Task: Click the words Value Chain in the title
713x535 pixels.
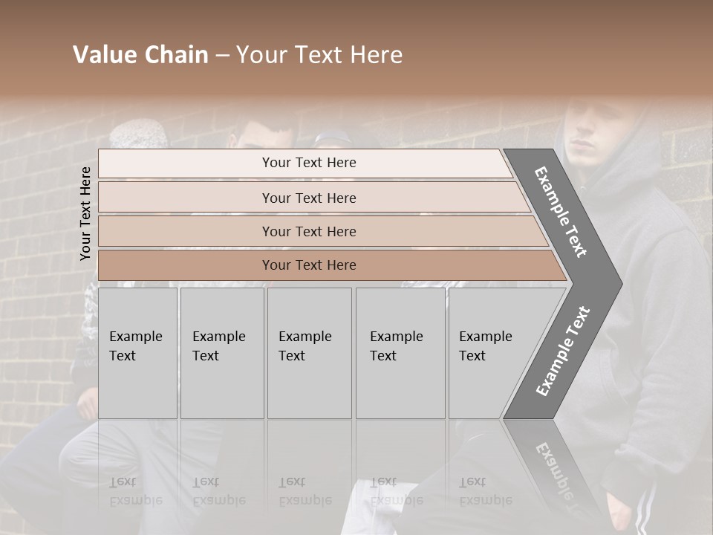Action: coord(140,55)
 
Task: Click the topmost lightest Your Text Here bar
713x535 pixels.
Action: coord(308,163)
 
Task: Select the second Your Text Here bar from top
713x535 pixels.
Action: coord(308,198)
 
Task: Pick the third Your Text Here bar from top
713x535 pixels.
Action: coord(308,231)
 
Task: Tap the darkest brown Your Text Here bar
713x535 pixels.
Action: coord(308,265)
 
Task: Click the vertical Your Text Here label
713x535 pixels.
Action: coord(85,213)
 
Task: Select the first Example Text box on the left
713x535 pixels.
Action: coord(137,353)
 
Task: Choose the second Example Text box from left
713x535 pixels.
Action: coord(221,353)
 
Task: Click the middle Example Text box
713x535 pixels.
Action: coord(309,353)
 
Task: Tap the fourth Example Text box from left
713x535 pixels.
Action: coord(400,353)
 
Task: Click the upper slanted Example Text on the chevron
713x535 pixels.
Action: coord(561,212)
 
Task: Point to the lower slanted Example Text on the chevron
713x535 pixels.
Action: coord(563,351)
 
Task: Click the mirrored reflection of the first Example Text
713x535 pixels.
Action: coord(136,491)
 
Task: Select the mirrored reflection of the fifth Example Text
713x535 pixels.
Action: coord(486,491)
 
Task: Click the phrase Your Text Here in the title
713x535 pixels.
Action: coord(319,55)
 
